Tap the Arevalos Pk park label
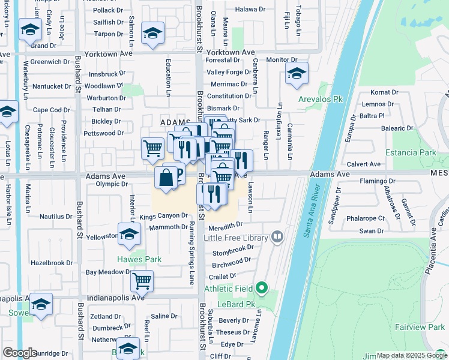coord(321,98)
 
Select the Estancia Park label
coord(411,152)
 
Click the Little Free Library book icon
coord(277,237)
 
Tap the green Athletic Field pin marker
coord(261,289)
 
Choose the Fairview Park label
coord(420,327)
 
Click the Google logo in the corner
coord(20,353)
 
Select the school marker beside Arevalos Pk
coord(297,73)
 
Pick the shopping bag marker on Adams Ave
coord(166,178)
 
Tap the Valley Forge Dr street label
coord(229,73)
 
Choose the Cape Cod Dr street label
coord(51,110)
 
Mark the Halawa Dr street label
coord(250,10)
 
